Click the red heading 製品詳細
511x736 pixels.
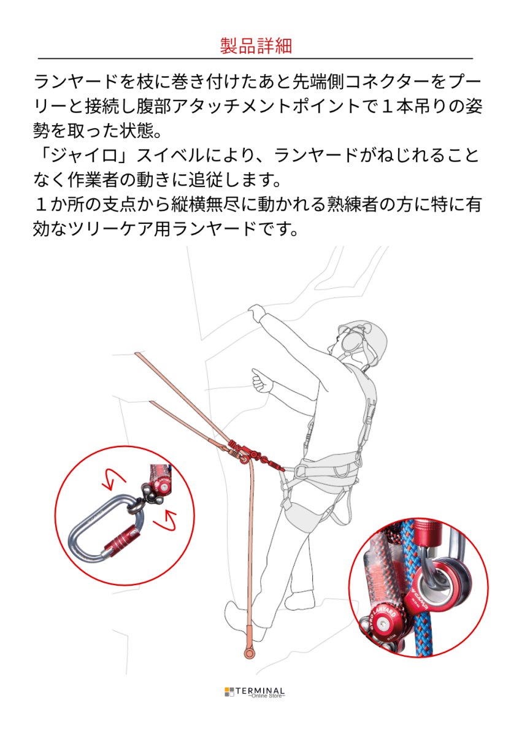tap(255, 45)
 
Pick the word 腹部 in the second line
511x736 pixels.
tap(184, 107)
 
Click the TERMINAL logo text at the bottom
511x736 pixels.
tap(261, 690)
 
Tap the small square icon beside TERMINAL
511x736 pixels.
tap(229, 692)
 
